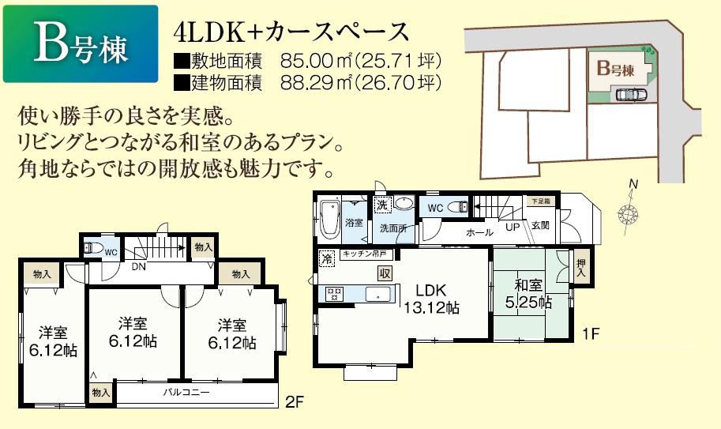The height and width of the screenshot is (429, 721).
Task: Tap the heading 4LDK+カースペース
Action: point(292,32)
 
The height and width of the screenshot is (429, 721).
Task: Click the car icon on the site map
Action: point(629,95)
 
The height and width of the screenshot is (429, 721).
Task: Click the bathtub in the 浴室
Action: point(329,216)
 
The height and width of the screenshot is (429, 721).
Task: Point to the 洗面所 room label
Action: point(392,228)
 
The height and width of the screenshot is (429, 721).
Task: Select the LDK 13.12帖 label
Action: point(430,298)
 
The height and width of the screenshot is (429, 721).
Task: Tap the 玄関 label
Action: point(540,225)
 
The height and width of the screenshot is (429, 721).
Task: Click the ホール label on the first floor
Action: point(479,232)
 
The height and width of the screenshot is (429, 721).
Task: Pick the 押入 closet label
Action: point(581,268)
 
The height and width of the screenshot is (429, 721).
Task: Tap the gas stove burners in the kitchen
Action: point(334,294)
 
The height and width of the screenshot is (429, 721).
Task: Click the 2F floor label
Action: point(294,401)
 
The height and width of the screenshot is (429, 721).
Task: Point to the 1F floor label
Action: point(591,333)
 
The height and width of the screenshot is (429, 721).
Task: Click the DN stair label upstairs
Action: point(137,267)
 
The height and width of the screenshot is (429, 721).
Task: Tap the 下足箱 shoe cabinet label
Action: point(540,202)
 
